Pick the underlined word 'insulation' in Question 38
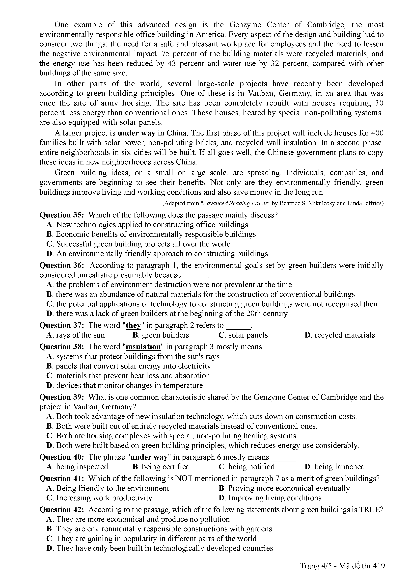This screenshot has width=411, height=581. coord(143,347)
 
